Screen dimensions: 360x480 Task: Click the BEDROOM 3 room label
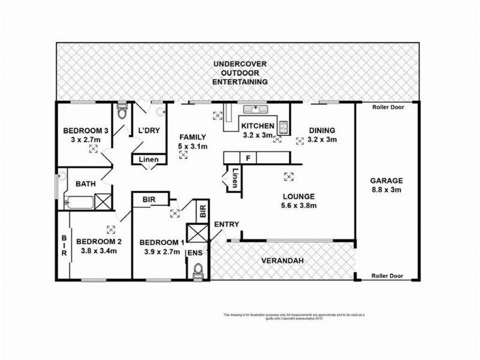86,131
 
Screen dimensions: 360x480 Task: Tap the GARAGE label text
386,181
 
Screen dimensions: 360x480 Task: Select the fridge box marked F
247,158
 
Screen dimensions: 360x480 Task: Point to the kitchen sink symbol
257,109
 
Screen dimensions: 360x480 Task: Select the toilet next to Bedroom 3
122,112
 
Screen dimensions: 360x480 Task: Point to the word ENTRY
226,224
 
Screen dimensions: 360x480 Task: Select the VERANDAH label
280,261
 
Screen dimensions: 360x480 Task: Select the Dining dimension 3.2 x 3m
322,139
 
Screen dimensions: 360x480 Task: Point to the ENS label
196,254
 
